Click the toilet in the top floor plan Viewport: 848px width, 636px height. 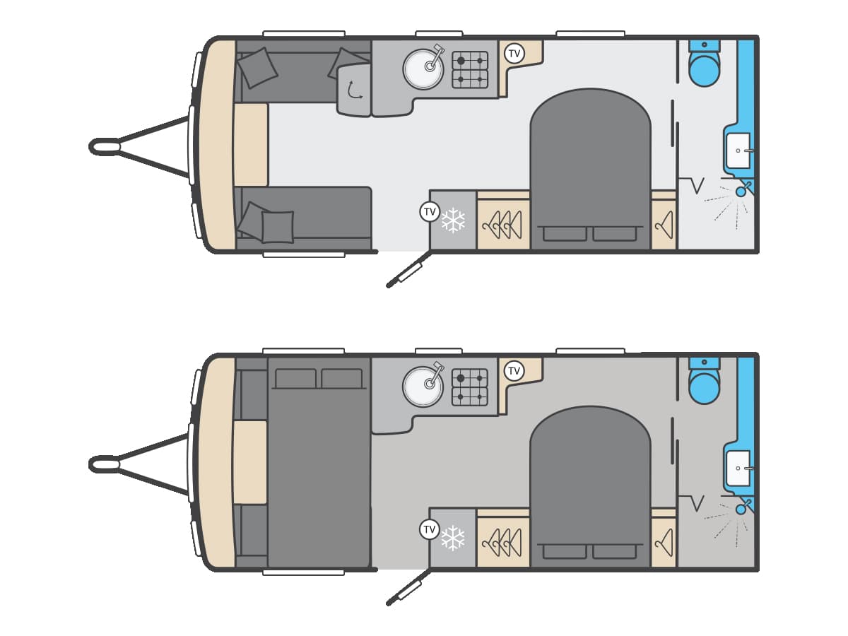coord(704,64)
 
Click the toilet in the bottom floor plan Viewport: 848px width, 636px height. coord(704,382)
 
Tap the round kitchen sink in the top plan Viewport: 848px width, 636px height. coord(423,69)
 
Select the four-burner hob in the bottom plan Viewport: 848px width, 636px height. coord(470,387)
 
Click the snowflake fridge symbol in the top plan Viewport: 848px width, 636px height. coord(453,220)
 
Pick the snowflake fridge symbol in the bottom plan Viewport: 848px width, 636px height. coord(453,538)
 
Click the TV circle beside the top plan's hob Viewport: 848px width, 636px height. coord(514,53)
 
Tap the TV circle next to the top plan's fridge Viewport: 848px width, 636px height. coord(430,211)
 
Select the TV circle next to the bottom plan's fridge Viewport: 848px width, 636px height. coord(430,529)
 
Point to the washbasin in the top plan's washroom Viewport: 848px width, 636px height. coord(738,151)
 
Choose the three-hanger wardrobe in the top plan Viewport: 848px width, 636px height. coord(503,224)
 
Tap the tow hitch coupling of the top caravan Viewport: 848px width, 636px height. coord(105,147)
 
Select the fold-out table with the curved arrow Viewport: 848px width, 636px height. coord(353,90)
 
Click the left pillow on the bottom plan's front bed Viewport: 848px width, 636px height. coord(295,379)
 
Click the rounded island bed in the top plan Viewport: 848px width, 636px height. coord(590,169)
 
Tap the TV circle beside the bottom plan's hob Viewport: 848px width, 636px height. coord(514,371)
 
